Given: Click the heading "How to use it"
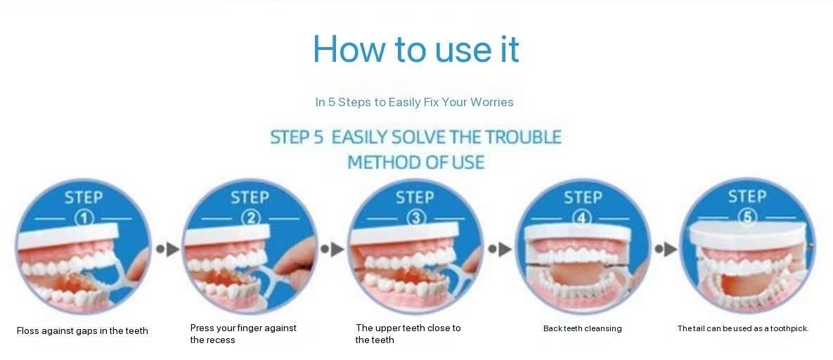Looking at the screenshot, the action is click(x=416, y=49).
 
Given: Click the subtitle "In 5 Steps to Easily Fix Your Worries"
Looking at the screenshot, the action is click(x=414, y=102).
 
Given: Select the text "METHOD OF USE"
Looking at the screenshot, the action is click(x=416, y=162).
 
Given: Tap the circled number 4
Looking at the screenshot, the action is click(x=582, y=218).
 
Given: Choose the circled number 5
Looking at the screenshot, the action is click(x=747, y=217).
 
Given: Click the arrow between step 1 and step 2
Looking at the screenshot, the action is click(x=168, y=248).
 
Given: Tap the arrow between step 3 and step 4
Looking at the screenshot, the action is click(x=499, y=248).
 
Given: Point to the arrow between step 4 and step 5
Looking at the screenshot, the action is click(x=666, y=248).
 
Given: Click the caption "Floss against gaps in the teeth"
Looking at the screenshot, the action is click(x=82, y=330).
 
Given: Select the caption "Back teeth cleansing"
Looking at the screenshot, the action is click(x=582, y=328).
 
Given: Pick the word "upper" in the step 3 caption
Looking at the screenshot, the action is click(x=388, y=328).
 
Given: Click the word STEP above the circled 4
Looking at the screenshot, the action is click(x=583, y=198).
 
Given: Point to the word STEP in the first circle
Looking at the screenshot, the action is click(x=84, y=198).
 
